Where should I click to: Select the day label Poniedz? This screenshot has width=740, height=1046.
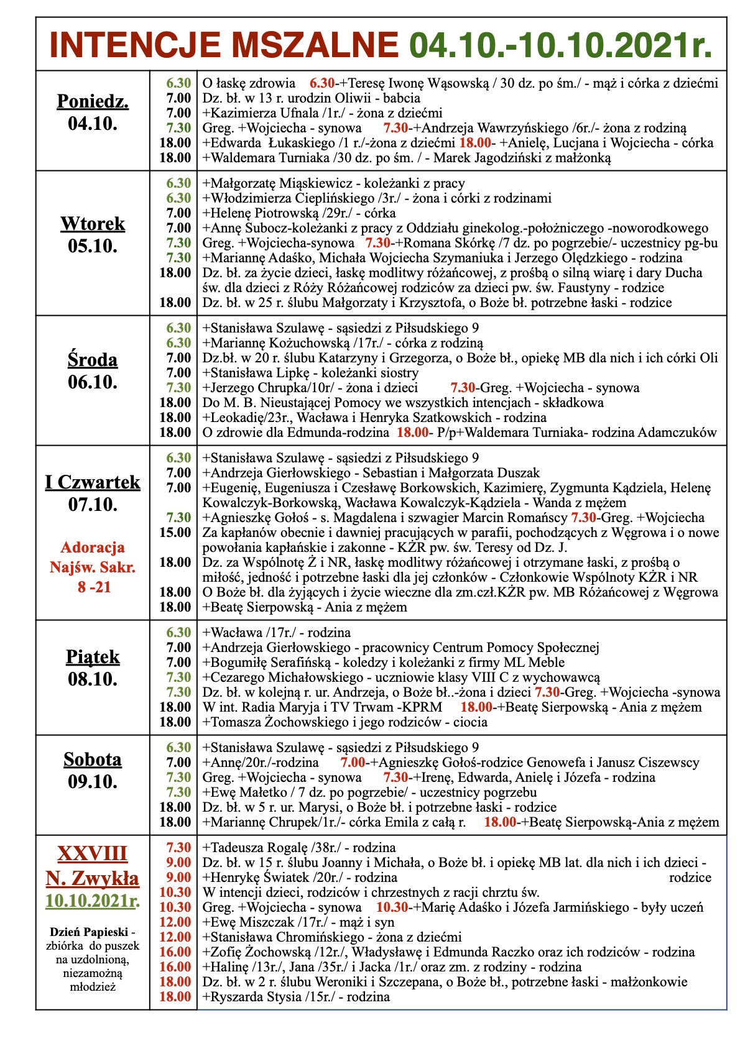93,101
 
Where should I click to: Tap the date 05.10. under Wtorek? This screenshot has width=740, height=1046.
93,246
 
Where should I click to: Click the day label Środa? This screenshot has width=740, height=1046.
93,359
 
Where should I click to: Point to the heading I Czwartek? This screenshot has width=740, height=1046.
93,482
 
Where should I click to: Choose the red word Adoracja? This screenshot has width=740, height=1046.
93,548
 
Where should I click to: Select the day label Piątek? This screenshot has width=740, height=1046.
93,656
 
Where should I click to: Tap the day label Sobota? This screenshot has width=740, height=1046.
93,759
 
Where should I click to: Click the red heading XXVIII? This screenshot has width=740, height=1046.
93,853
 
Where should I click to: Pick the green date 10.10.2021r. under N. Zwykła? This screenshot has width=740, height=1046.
93,901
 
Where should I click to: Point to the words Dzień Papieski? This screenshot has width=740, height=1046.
89,932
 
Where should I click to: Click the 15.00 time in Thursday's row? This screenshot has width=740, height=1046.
175,532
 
